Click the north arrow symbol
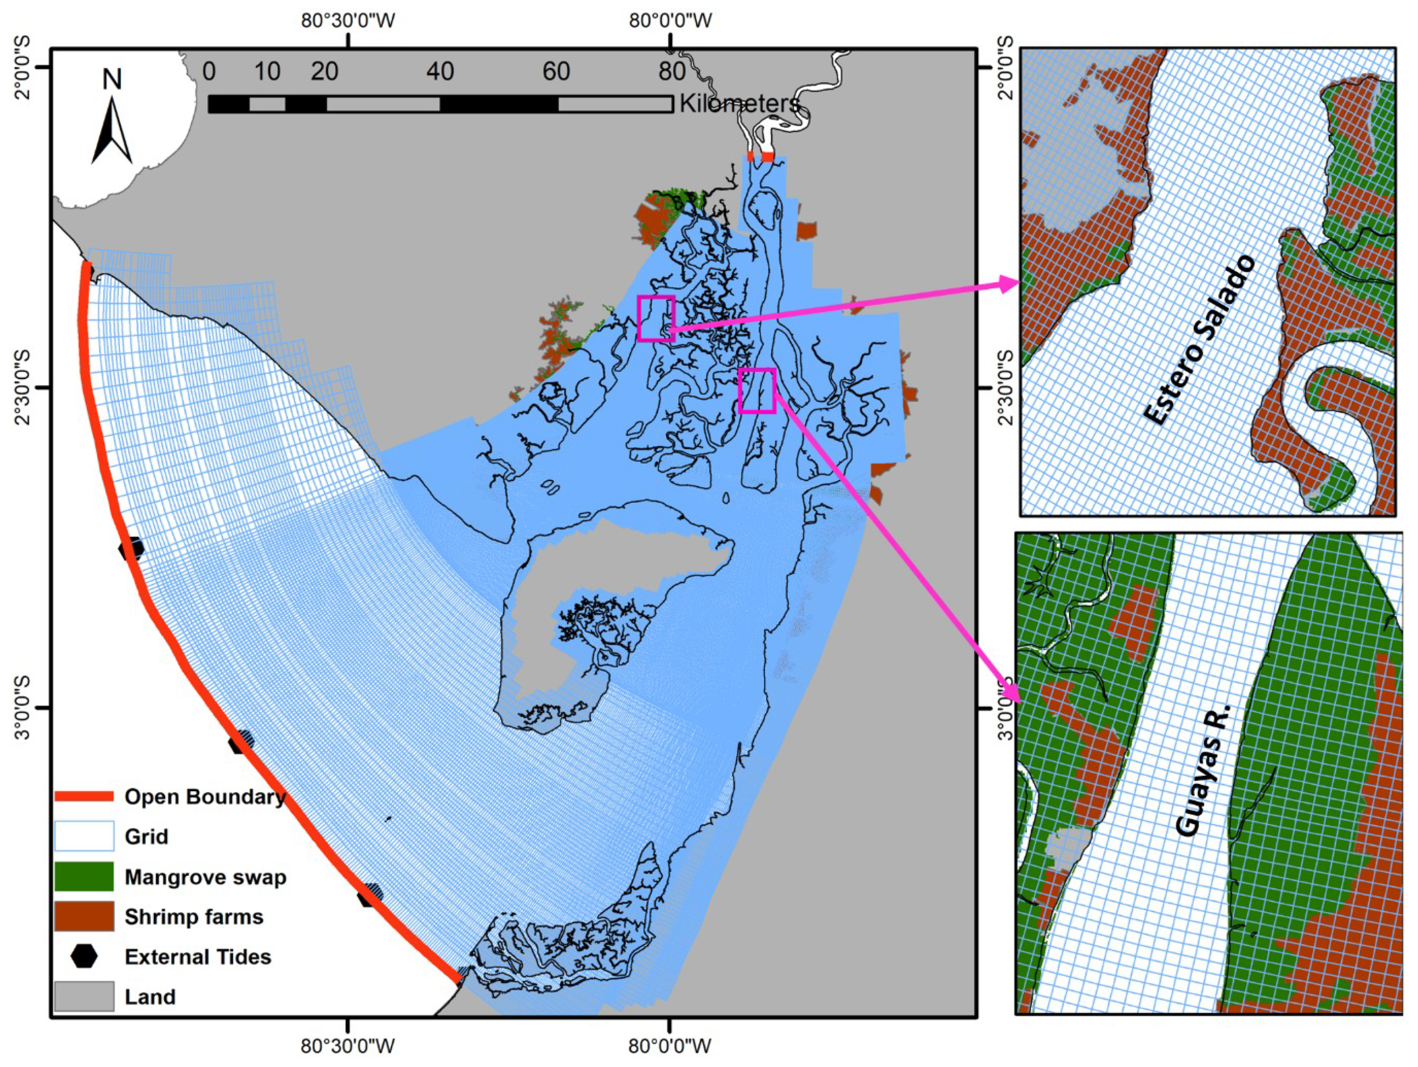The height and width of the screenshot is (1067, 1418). click(112, 131)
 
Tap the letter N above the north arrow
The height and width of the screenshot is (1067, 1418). click(112, 79)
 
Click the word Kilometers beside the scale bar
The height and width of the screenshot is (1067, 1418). click(739, 103)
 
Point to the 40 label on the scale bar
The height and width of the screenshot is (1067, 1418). click(441, 72)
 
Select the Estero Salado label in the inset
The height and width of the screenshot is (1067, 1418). click(1199, 340)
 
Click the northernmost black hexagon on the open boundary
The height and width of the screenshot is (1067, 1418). click(131, 549)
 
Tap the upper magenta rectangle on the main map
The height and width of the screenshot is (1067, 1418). click(656, 318)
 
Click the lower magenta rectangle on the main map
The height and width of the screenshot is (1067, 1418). click(757, 390)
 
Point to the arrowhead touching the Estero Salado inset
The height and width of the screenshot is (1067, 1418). click(1010, 283)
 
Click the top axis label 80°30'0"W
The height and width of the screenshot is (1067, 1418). click(349, 21)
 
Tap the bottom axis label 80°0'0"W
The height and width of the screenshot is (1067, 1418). click(671, 1046)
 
